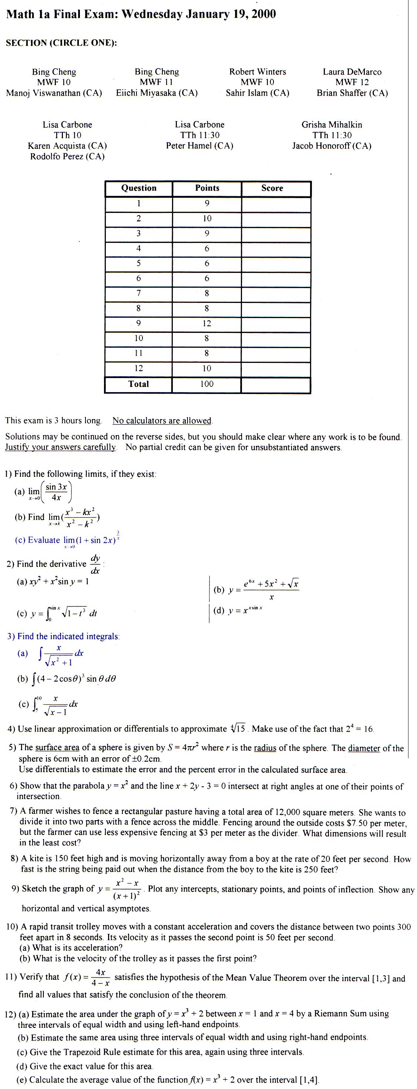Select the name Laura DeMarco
[352, 71]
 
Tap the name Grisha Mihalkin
[332, 124]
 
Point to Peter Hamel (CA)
[199, 146]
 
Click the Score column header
[272, 188]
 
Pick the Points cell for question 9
[206, 323]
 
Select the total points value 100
[206, 384]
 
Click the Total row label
[139, 384]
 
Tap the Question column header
[139, 188]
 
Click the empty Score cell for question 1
[276, 203]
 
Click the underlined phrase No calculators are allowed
[162, 421]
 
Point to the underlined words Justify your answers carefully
[60, 447]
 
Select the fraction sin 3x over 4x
[56, 492]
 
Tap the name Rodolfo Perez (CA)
[67, 156]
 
